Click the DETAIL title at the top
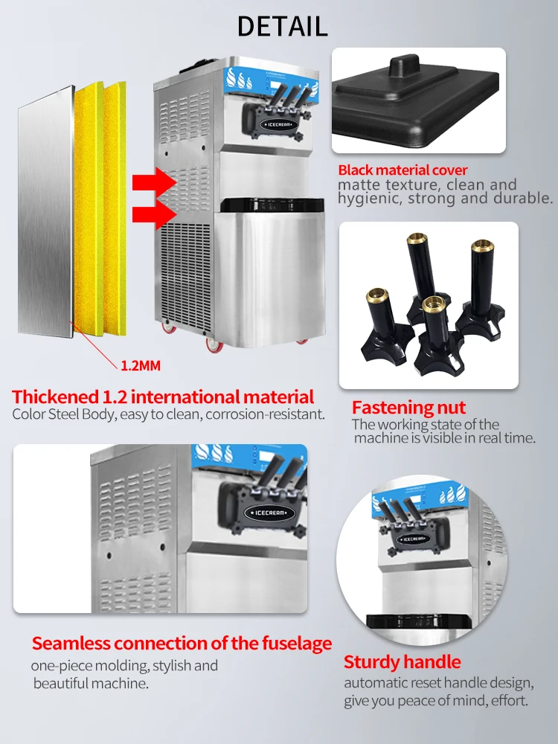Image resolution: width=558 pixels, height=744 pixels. (x=282, y=27)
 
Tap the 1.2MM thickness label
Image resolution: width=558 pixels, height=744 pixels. (x=141, y=366)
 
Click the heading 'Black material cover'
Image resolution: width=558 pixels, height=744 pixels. (x=403, y=170)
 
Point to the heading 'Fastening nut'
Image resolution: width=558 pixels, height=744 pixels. (x=408, y=408)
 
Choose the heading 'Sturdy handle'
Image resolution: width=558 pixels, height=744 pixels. (x=403, y=662)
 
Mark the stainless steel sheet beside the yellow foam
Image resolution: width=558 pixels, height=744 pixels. (x=46, y=212)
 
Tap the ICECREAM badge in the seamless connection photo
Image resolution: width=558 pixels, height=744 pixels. (x=269, y=513)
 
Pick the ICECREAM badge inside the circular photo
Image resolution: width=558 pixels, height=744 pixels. (x=413, y=539)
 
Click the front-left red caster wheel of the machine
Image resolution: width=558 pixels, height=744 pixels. (x=213, y=345)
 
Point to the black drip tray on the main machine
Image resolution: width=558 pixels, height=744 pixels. (x=272, y=205)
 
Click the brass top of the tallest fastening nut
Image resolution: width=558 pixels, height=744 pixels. (x=417, y=237)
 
